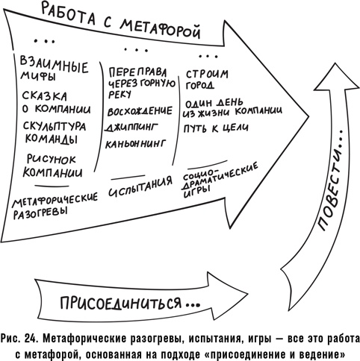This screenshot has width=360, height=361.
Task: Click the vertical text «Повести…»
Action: [326, 178]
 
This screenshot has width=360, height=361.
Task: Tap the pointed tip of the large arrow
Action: [307, 118]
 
